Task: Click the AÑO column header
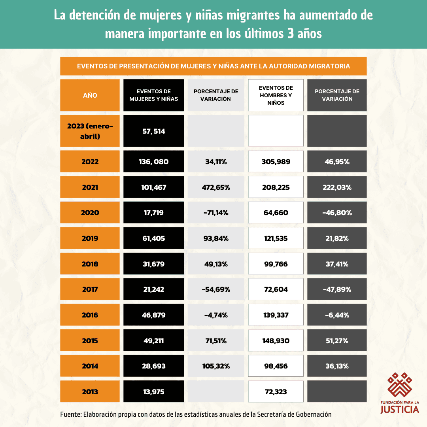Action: [x=90, y=95]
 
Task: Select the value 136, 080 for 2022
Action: [x=153, y=162]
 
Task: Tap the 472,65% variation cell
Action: [x=216, y=187]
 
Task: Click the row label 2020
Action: [x=90, y=213]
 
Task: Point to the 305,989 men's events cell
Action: [x=276, y=162]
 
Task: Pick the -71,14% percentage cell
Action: [x=216, y=213]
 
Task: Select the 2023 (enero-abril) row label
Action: [x=90, y=131]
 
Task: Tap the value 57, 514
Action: [x=153, y=131]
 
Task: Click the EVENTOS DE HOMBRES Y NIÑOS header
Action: [x=276, y=95]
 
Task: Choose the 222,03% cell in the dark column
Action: [x=337, y=187]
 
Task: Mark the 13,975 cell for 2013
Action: [x=153, y=392]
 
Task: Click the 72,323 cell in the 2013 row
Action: [x=276, y=392]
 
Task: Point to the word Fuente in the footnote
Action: [x=70, y=414]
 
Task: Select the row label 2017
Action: [x=90, y=289]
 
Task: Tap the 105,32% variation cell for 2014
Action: [x=216, y=366]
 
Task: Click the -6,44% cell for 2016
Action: [x=337, y=315]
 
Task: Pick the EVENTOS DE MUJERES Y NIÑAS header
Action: [x=153, y=95]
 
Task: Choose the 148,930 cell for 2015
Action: [x=276, y=340]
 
